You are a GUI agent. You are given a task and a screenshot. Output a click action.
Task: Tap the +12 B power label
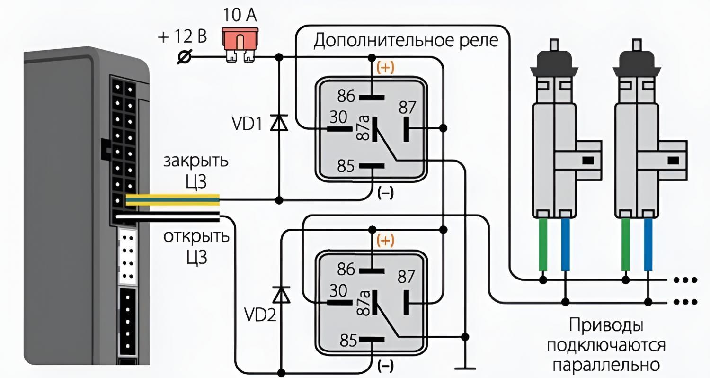click(182, 37)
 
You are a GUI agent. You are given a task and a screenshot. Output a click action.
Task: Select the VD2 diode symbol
click(283, 295)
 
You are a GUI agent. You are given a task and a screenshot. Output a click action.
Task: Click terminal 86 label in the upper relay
click(346, 97)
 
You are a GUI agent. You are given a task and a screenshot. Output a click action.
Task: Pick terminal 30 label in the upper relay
click(338, 117)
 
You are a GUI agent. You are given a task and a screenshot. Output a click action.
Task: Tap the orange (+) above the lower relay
click(385, 241)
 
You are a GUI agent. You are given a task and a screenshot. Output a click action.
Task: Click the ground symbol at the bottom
click(466, 368)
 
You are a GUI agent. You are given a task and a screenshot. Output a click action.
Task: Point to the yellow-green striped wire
click(173, 200)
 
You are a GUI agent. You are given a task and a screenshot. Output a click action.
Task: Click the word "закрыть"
click(196, 161)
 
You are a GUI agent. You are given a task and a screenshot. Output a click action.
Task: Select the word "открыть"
click(196, 236)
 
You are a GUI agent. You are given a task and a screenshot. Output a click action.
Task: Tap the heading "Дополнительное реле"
click(406, 41)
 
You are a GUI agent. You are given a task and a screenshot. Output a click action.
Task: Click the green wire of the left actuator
click(543, 246)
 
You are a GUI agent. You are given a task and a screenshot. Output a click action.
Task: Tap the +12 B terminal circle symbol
click(183, 57)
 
